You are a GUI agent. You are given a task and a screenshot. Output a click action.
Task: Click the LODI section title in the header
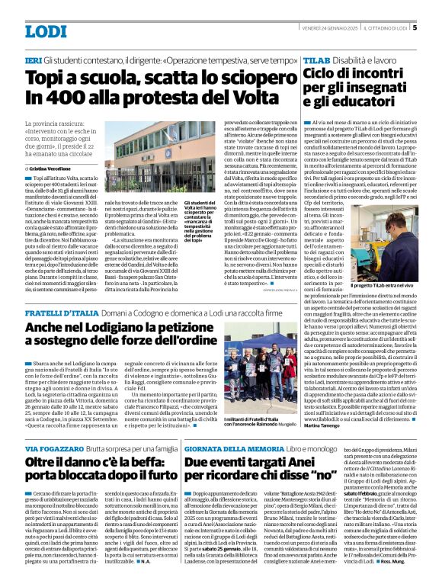coord(46,31)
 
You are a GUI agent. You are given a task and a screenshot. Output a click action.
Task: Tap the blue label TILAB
coord(315,59)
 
